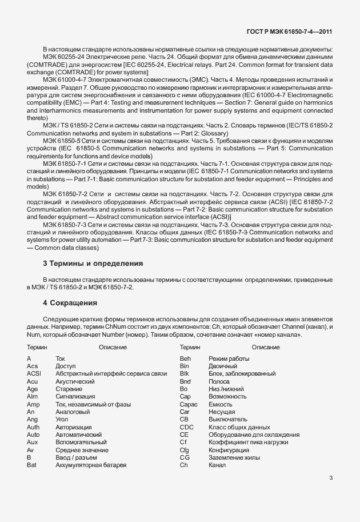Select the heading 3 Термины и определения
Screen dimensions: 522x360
92,264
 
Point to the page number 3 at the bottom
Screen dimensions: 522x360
331,478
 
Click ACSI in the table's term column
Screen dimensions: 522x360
34,373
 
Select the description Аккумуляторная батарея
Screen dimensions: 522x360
90,465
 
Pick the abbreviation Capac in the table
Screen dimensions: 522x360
188,404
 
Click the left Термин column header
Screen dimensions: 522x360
37,347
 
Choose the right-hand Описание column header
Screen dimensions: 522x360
265,347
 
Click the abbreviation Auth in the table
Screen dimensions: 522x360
33,427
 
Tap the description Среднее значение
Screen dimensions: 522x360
81,450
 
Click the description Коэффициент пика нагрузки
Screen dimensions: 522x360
248,443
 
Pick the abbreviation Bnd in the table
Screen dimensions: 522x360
185,381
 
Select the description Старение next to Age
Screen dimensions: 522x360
69,389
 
